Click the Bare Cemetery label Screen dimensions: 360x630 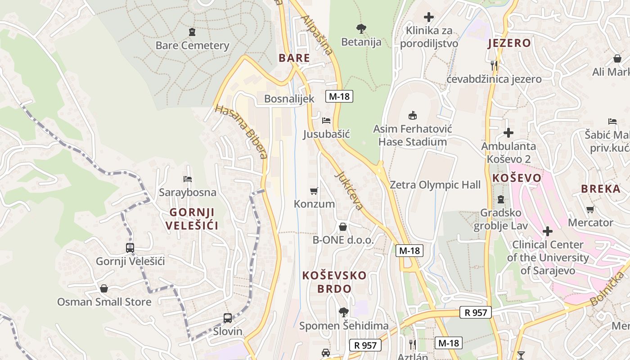point(192,45)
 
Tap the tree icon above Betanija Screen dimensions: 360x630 point(361,29)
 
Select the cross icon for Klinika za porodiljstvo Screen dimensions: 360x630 point(429,18)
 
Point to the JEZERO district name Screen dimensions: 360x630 point(509,43)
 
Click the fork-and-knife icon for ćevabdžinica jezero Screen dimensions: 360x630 point(494,66)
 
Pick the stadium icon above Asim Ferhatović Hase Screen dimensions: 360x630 point(412,116)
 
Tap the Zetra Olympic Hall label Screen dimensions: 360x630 point(435,185)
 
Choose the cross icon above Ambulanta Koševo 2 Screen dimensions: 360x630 point(508,133)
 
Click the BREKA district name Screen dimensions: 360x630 point(601,189)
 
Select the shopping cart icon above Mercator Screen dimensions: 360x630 point(590,209)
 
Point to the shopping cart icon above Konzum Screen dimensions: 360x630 point(314,191)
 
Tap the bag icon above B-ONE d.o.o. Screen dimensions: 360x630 point(343,226)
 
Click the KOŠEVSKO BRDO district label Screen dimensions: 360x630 point(334,282)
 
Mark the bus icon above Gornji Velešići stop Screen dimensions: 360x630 point(130,247)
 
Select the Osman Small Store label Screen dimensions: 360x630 point(104,302)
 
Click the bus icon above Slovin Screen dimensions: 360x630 point(228,318)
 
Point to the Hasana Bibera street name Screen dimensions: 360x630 point(241,131)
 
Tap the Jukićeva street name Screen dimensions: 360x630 point(349,190)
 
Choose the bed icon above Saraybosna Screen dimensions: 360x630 point(188,179)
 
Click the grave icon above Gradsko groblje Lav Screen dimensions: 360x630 point(500,199)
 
